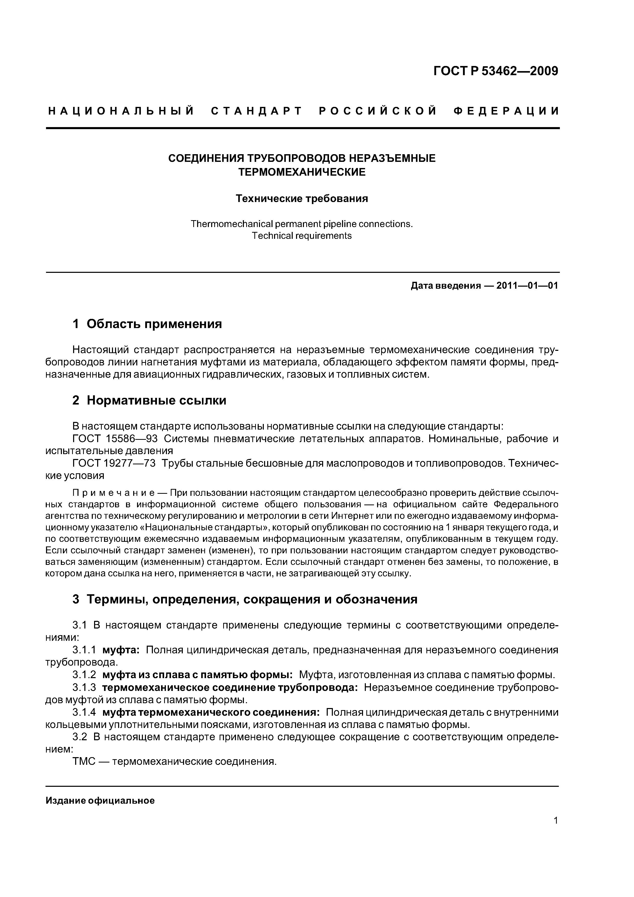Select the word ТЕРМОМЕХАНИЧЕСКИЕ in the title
coord(302,172)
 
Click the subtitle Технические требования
coord(302,199)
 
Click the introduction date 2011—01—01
coord(527,286)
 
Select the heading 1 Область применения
coord(147,324)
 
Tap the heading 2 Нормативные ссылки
coord(149,400)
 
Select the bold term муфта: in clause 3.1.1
coord(121,650)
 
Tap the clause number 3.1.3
coord(84,687)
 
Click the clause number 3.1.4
coord(84,712)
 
